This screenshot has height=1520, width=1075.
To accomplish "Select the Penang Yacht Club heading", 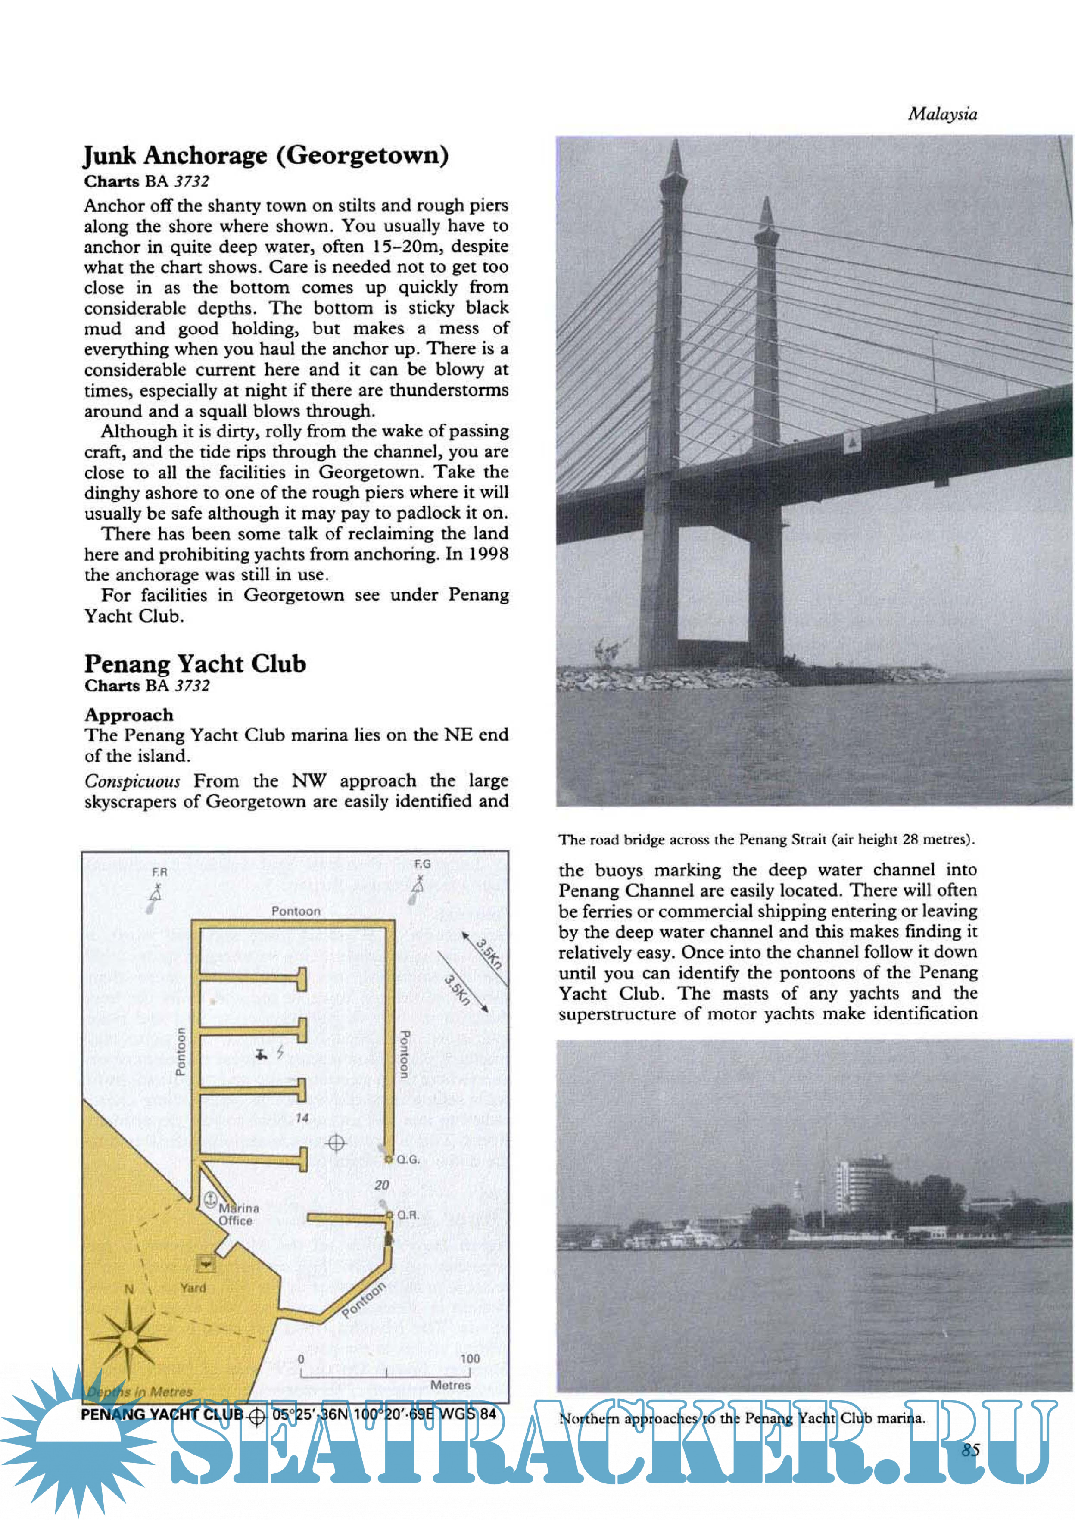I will (x=195, y=664).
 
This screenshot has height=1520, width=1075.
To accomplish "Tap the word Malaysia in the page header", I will (x=942, y=114).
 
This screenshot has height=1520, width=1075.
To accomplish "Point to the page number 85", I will (x=970, y=1450).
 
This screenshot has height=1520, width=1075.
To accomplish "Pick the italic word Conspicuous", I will (x=132, y=781).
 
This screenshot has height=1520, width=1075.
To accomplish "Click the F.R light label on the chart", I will (x=159, y=872).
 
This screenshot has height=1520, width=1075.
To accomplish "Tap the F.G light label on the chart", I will (x=422, y=864).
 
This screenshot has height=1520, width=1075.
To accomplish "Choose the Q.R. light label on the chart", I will (x=408, y=1215).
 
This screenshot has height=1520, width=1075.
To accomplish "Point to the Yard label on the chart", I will (x=193, y=1288).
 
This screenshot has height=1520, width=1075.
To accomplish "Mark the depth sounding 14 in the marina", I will (x=302, y=1118).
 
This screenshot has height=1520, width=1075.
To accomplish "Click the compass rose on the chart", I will (x=129, y=1339).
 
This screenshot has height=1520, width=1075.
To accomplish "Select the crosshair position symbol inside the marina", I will (x=336, y=1143).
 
